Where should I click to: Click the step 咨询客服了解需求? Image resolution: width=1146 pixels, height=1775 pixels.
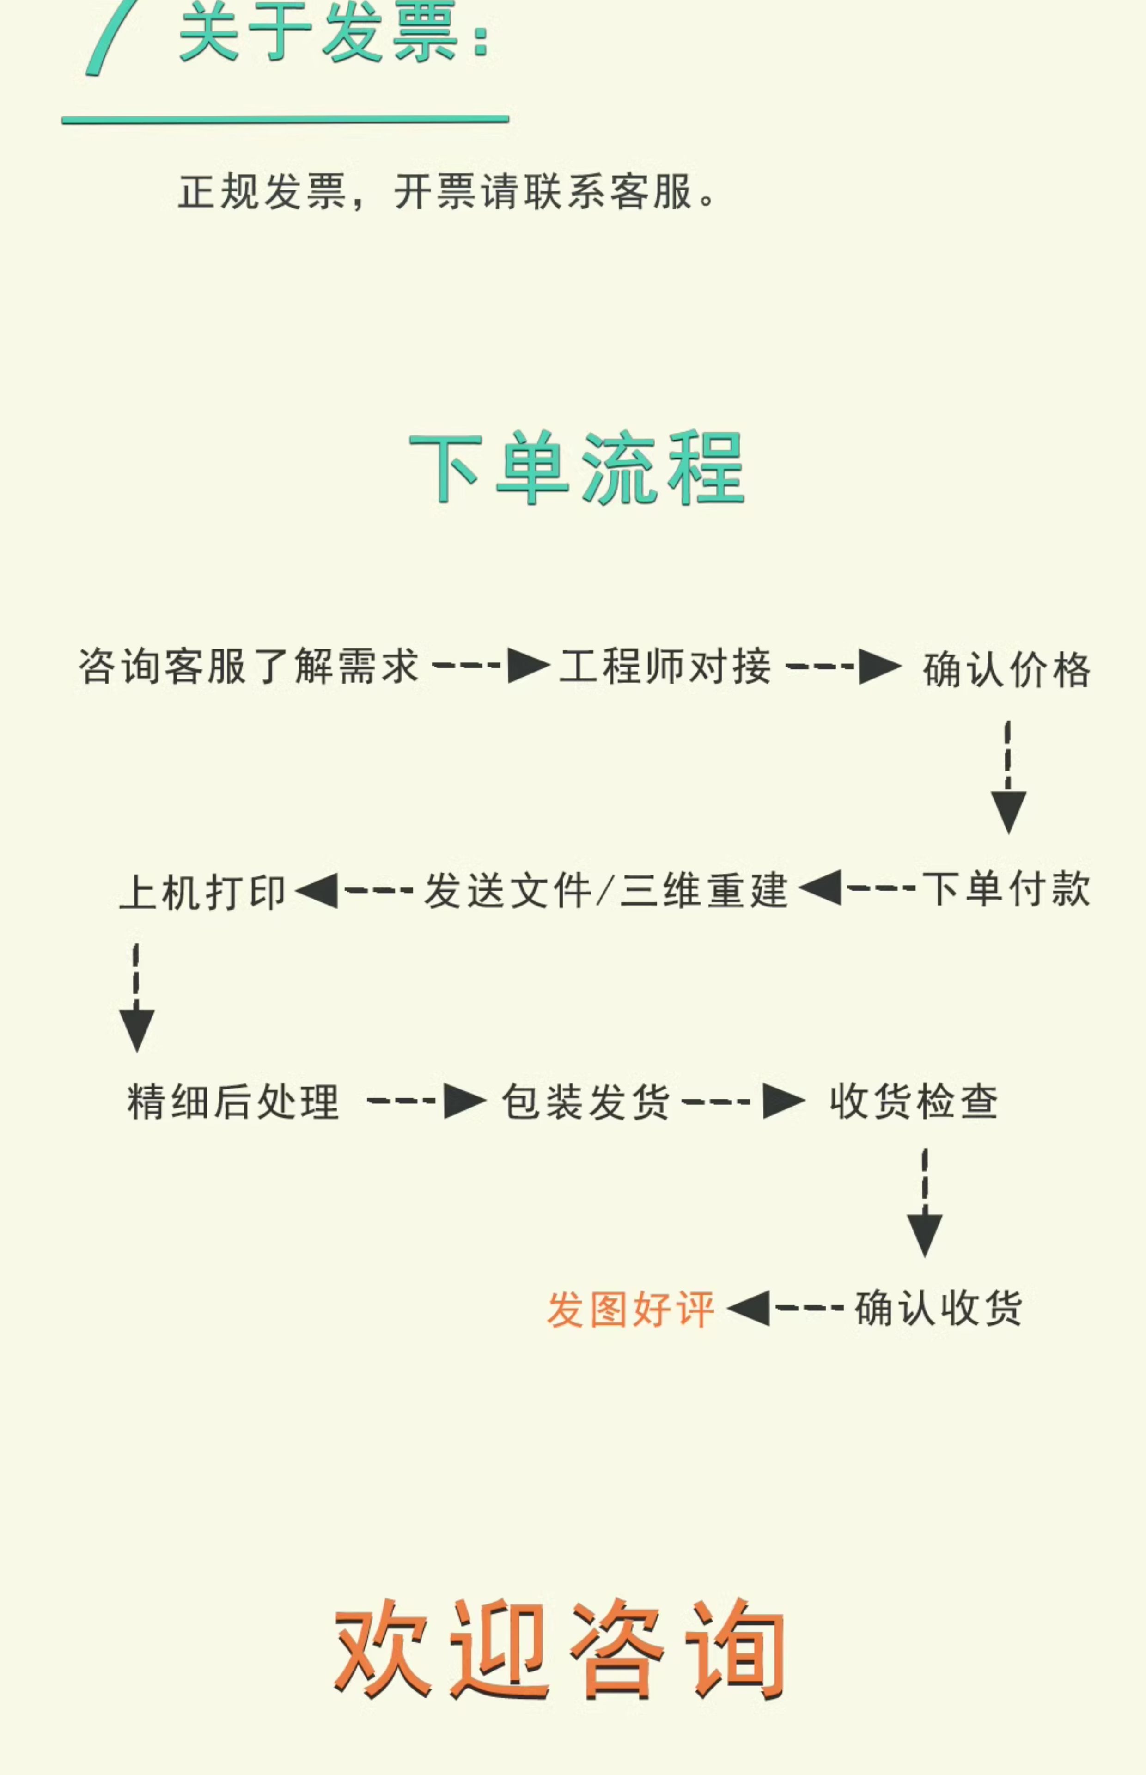click(249, 666)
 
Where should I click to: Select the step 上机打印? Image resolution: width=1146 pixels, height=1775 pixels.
click(202, 892)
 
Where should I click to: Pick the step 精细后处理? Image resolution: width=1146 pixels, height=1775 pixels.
click(233, 1102)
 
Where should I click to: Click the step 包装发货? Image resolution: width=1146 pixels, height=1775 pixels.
click(585, 1102)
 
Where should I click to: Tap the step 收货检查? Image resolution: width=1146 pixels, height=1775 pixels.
click(914, 1102)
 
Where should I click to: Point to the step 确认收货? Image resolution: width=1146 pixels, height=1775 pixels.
click(939, 1308)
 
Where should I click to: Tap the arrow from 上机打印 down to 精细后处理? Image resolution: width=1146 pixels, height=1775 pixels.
click(136, 997)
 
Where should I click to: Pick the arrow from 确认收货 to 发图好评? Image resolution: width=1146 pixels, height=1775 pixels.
click(785, 1308)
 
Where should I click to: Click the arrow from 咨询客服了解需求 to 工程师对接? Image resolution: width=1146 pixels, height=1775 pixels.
click(491, 665)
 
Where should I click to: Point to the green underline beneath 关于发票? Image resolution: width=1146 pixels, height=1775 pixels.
click(285, 119)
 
